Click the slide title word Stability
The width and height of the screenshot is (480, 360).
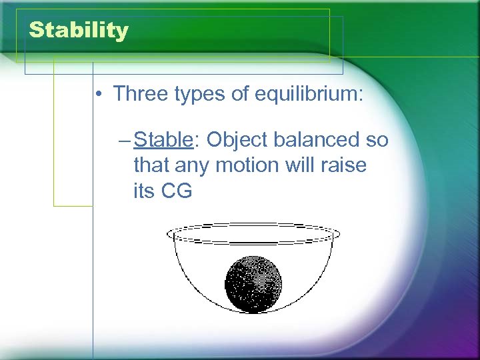79,31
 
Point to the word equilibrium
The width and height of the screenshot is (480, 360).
309,95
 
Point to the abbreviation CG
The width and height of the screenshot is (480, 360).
177,191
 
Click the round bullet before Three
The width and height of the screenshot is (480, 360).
98,94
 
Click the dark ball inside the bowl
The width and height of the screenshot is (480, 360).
254,283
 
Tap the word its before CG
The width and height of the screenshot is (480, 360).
143,191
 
